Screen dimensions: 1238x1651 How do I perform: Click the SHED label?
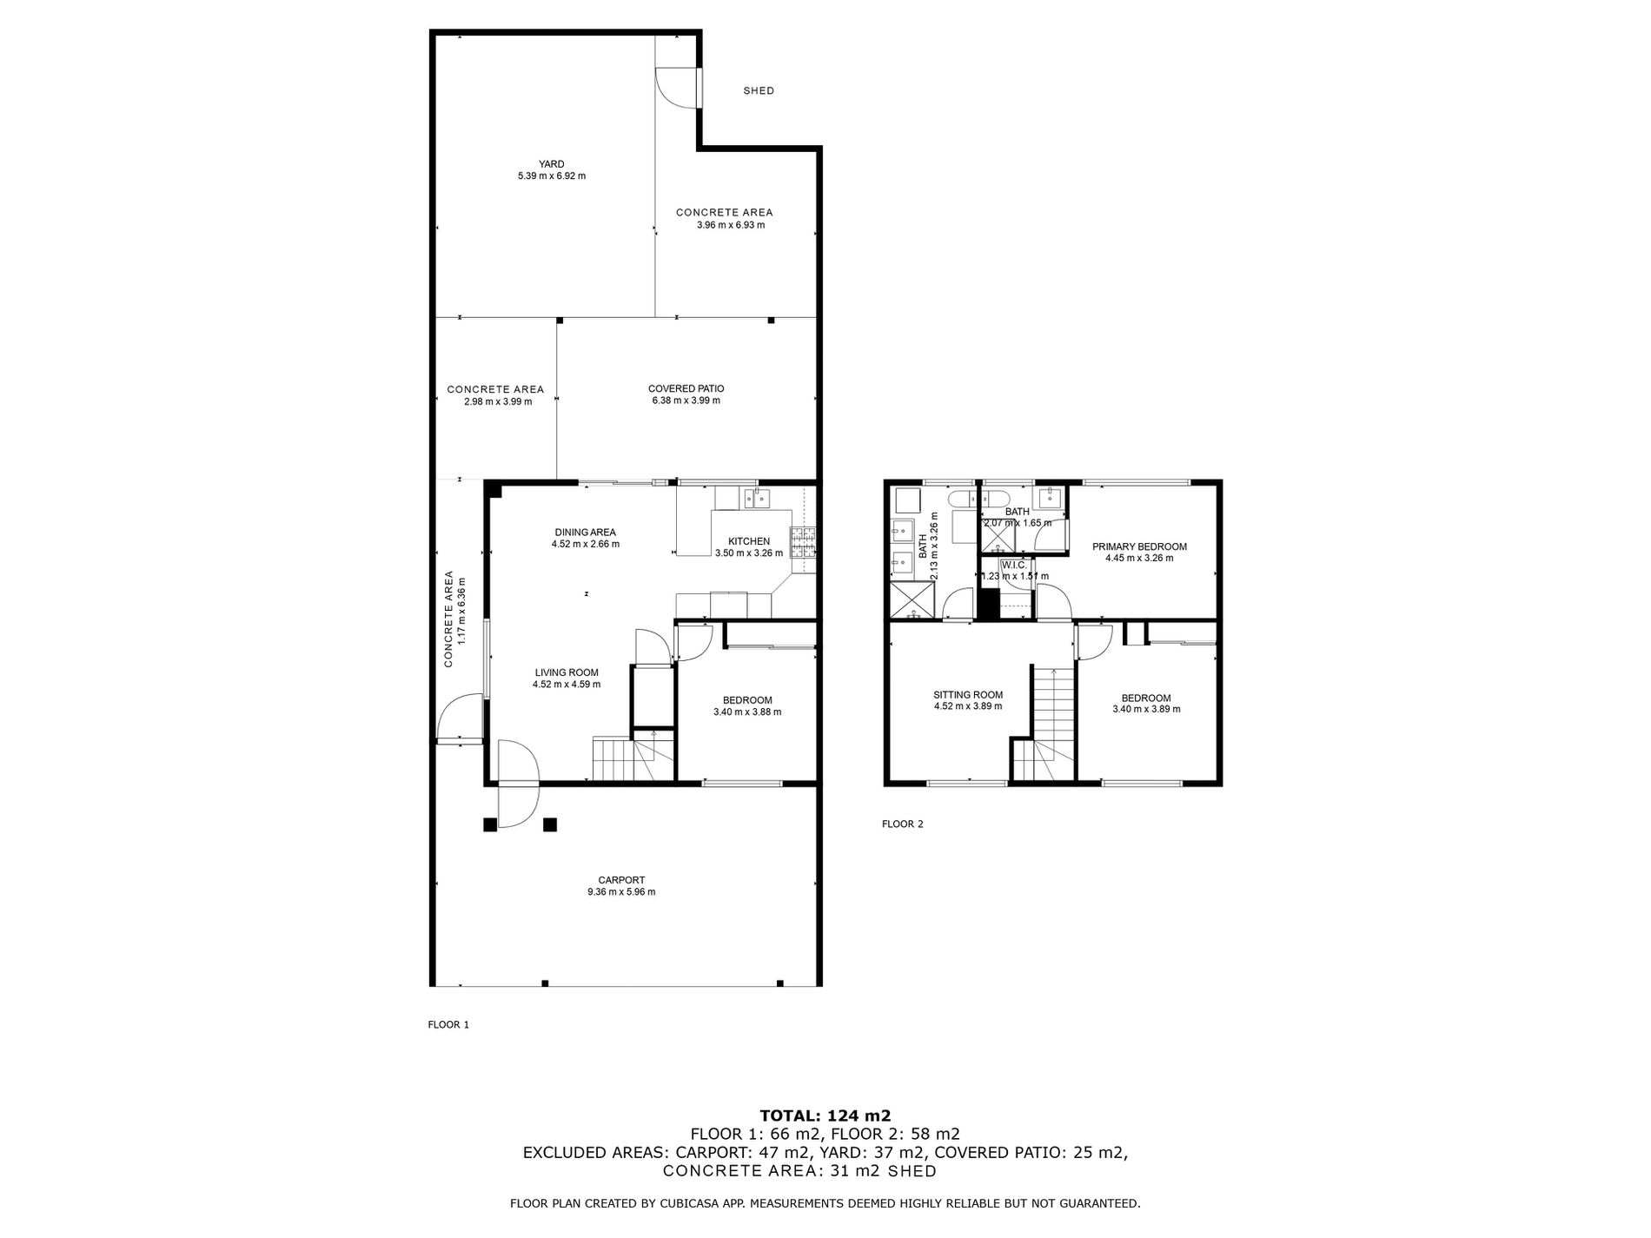pos(759,90)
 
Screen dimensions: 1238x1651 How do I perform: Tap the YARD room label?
pos(551,163)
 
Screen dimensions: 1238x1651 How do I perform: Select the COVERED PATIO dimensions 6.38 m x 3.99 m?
pos(686,401)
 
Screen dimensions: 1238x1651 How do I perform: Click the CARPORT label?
pos(621,879)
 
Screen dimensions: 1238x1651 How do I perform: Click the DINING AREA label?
pos(585,533)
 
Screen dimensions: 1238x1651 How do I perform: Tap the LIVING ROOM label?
pos(566,672)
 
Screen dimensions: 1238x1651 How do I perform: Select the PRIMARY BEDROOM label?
pos(1138,546)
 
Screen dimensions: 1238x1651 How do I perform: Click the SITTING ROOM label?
pos(967,694)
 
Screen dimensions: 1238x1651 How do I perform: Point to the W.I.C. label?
pos(1014,565)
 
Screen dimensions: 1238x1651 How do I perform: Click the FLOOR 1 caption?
pos(448,1024)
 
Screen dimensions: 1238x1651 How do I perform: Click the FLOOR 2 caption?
pos(902,824)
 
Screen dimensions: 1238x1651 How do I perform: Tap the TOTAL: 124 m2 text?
pos(825,1116)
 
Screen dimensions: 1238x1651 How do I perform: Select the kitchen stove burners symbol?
pos(803,543)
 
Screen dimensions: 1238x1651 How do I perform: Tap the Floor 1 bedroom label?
pos(746,700)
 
